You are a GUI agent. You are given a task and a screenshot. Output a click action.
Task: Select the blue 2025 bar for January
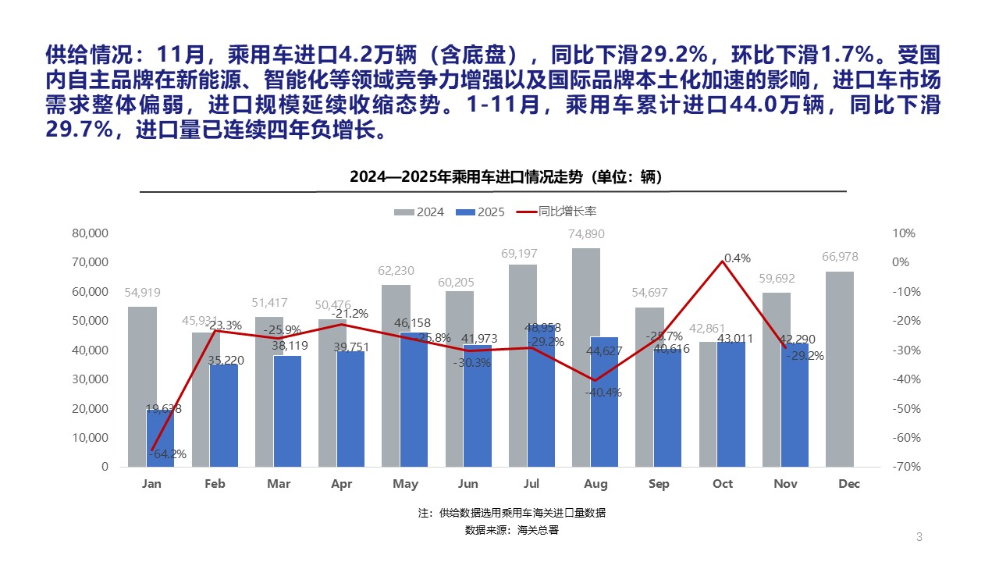[160, 437]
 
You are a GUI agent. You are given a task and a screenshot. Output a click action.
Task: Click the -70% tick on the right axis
[905, 467]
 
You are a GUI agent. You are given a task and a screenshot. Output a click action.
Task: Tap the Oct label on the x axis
[723, 484]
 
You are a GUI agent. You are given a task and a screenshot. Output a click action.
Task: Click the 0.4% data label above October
[737, 258]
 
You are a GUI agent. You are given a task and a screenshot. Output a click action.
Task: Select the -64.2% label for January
[168, 454]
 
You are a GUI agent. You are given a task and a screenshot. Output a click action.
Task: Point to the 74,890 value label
[586, 234]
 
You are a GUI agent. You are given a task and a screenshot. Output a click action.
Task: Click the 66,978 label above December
[840, 257]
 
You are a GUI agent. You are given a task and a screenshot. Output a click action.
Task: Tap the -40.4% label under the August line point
[603, 393]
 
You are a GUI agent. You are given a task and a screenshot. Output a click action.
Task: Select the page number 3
[919, 536]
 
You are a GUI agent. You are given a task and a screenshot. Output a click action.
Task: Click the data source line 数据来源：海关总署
[512, 530]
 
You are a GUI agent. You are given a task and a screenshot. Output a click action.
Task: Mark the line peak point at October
[723, 261]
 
